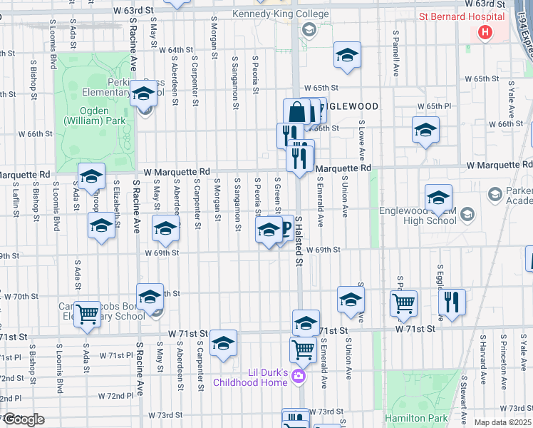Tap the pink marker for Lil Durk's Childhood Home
point(299,375)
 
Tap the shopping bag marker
point(296,113)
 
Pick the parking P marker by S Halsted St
point(286,228)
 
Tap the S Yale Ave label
point(511,98)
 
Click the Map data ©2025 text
point(502,422)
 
